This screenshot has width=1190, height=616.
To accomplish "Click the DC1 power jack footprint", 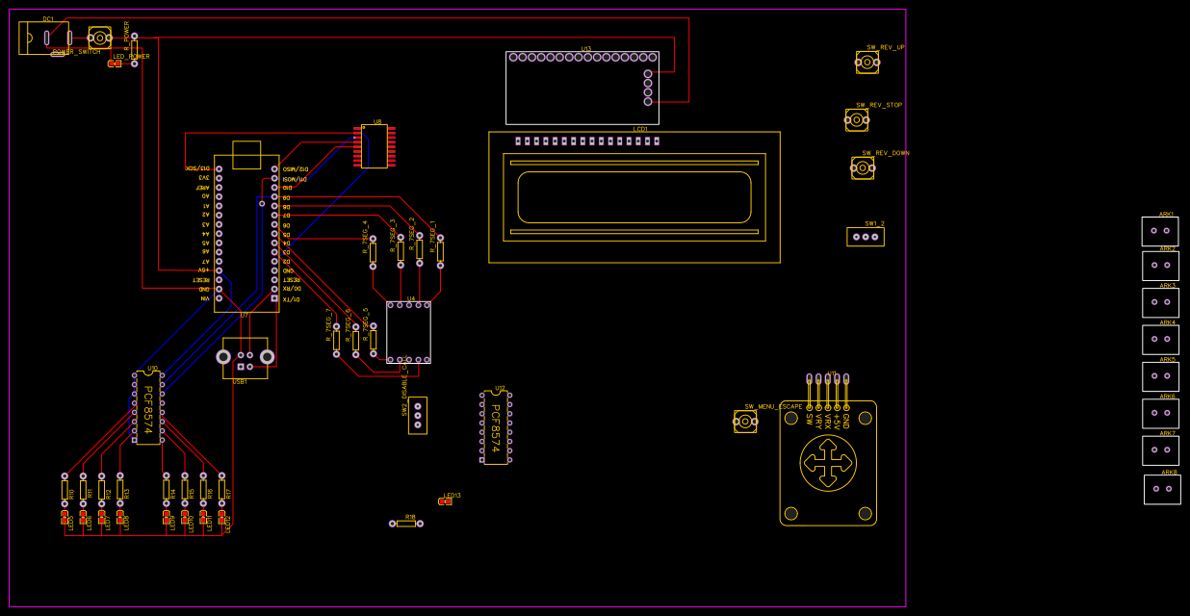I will pos(43,38).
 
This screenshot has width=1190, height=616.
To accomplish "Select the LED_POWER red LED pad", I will pos(115,64).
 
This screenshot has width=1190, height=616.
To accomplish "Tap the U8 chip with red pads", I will pos(375,146).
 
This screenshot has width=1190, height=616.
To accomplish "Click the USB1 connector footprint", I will pos(245,358).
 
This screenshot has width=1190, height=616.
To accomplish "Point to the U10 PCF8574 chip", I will pos(148,408).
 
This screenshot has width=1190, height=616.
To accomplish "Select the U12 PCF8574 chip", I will pos(496,428).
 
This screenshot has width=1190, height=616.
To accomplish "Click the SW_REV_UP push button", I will pos(867,63).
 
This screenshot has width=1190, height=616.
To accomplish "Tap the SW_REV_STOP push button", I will pos(856,120).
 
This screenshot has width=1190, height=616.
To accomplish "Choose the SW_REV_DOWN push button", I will pos(863,168).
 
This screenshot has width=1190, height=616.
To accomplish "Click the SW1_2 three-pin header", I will pos(866,237).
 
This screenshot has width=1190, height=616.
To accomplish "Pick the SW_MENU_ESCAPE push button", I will pos(745,422).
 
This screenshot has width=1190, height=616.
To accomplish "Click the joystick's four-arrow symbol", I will pos(828,462).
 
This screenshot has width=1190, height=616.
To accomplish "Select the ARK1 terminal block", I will pos(1159,231).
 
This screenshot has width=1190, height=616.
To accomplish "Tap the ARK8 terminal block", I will pos(1161,489).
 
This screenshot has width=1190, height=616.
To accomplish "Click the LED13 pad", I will pos(445,501).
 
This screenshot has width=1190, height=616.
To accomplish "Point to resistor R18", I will pos(406,524).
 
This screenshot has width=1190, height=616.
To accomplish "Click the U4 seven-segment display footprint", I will pos(408,332).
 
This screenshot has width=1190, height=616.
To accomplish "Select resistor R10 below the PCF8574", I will pos(65,490).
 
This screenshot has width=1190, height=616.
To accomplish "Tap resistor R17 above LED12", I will pos(221,490).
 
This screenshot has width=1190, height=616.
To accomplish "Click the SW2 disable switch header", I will pos(417,416).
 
